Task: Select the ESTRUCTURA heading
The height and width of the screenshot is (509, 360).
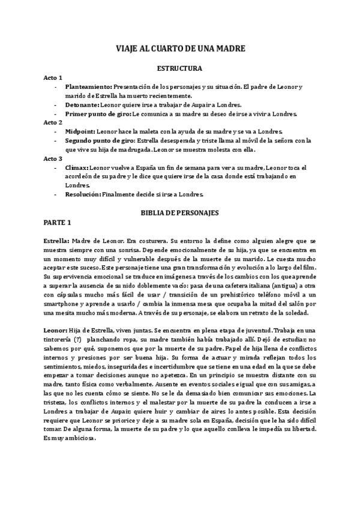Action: tap(179, 68)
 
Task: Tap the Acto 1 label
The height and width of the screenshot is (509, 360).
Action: tap(53, 78)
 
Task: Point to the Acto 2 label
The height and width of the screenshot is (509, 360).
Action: tap(53, 122)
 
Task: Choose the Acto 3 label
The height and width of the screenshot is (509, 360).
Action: tap(53, 159)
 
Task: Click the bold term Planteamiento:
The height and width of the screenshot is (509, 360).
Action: tap(89, 87)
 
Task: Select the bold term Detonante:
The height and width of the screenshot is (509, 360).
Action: tap(82, 104)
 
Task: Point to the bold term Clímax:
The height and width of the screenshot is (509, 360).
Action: tap(77, 167)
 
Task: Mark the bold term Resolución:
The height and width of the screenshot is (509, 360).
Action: tap(83, 194)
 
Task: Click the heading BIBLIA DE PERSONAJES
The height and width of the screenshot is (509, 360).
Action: tap(179, 213)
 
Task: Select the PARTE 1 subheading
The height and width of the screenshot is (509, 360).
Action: tap(58, 223)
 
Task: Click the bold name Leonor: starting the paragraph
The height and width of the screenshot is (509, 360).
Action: tap(56, 330)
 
